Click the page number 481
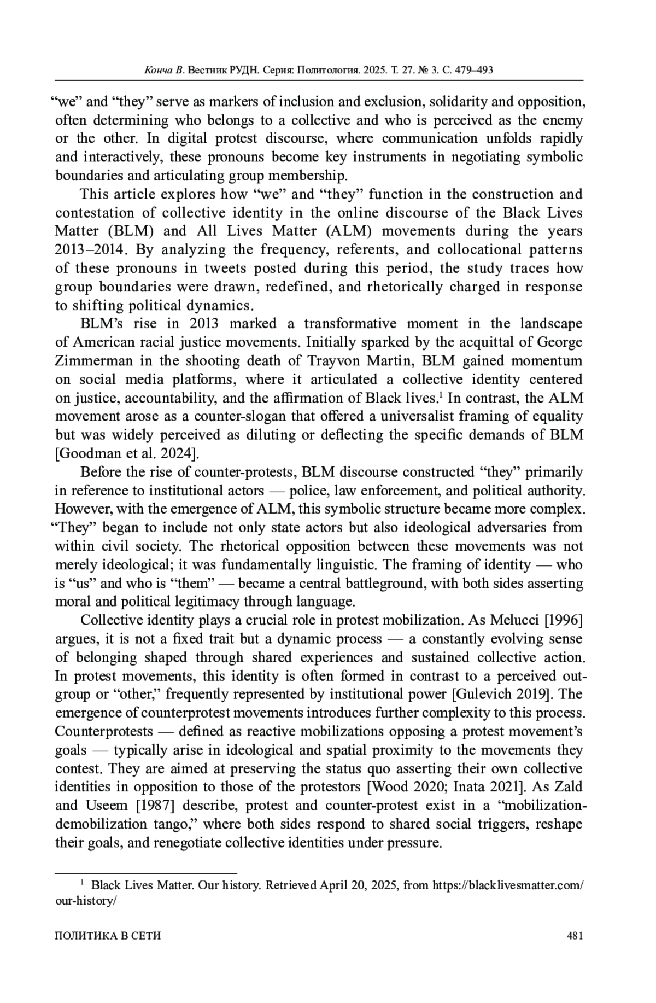click(x=575, y=936)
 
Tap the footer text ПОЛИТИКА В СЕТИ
click(x=108, y=936)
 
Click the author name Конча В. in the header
click(x=165, y=71)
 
